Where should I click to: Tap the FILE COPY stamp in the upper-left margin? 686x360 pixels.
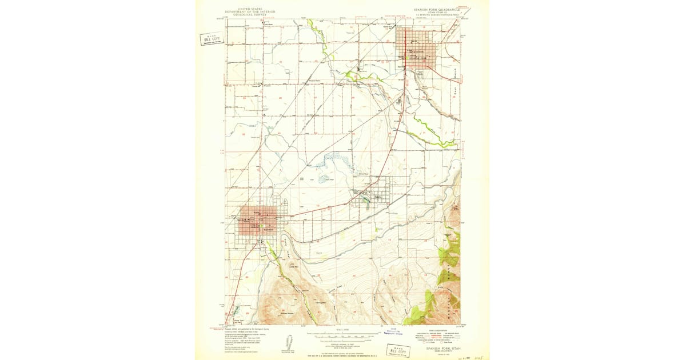tap(212, 38)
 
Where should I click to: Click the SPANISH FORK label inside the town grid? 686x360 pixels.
tap(418, 58)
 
